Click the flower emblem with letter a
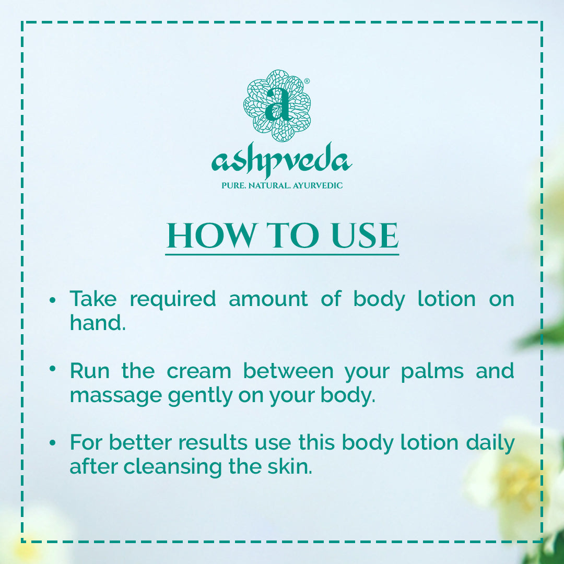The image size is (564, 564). pyautogui.click(x=277, y=105)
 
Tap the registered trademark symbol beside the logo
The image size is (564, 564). pyautogui.click(x=307, y=81)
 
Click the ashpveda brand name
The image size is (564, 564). pyautogui.click(x=281, y=160)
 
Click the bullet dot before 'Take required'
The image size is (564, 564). pyautogui.click(x=53, y=300)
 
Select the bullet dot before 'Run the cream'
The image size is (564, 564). pyautogui.click(x=53, y=369)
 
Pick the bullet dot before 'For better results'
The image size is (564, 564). pyautogui.click(x=53, y=443)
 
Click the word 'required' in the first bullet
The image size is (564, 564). pyautogui.click(x=173, y=300)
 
